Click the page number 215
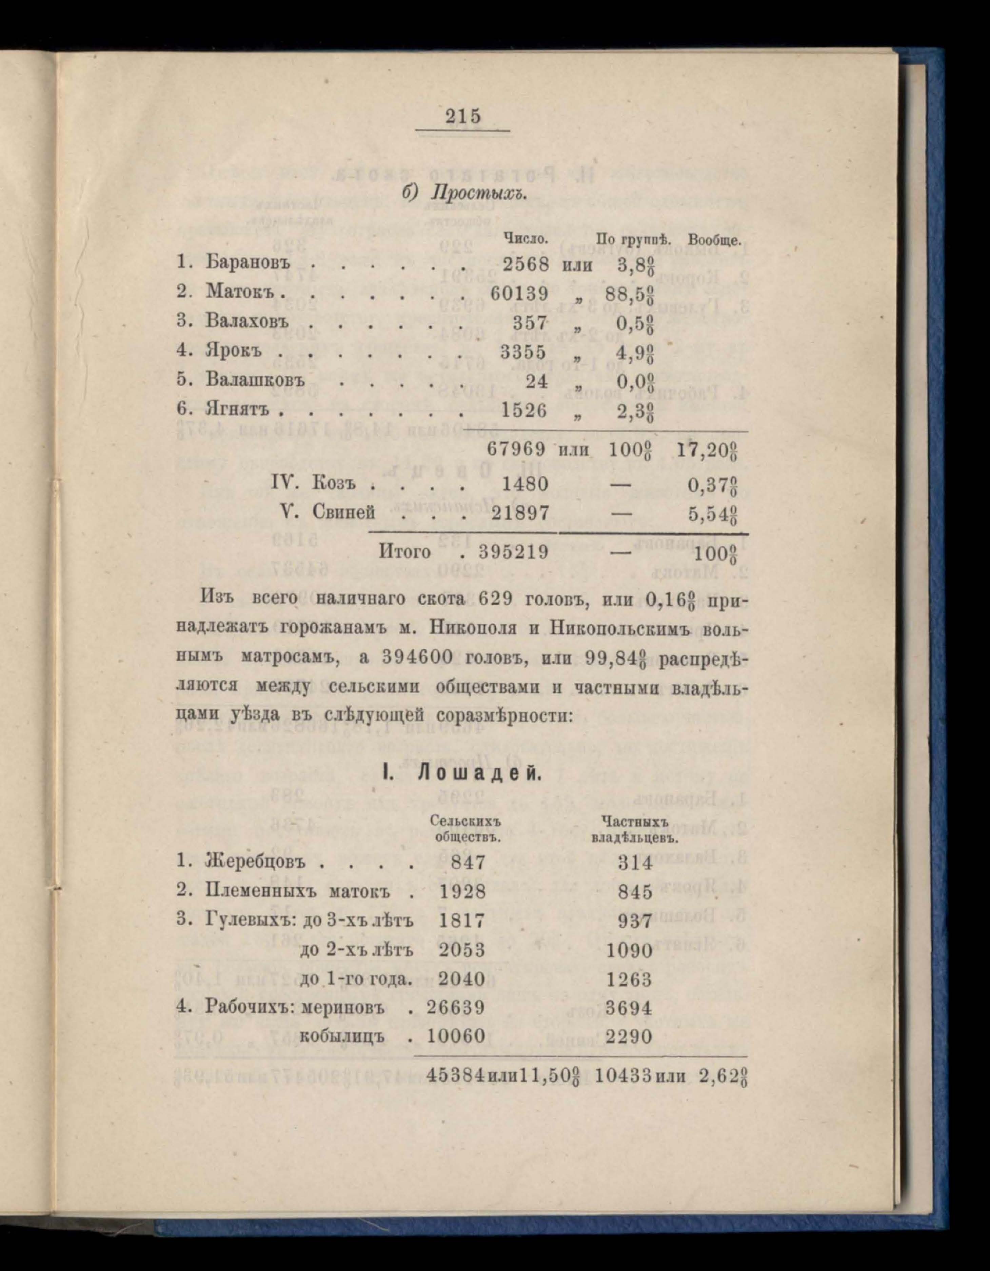(464, 116)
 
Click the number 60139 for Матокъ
(519, 293)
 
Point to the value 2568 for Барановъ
(526, 265)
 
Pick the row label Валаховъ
(248, 322)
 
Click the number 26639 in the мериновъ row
(456, 1007)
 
